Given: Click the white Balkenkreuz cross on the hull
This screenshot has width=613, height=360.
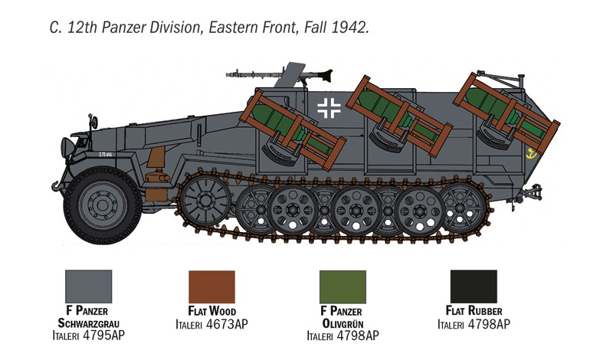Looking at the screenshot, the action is tap(329, 108).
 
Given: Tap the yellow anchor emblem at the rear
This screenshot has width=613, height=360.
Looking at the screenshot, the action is tap(531, 154).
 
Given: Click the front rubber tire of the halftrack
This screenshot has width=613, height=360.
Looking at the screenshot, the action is tap(103, 205).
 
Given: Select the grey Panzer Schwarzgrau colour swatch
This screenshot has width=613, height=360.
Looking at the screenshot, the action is tap(89, 286).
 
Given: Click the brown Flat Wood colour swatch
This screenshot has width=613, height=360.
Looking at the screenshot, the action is tap(212, 286).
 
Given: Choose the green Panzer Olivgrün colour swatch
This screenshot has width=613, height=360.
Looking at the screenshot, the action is tap(343, 286).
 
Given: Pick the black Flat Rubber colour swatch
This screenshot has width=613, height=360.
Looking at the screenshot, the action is tap(474, 286).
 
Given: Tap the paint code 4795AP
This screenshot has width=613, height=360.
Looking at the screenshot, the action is tap(103, 335).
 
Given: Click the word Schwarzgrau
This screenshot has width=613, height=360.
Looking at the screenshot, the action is tap(89, 323).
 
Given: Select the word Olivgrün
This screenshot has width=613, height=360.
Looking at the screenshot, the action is tap(343, 324).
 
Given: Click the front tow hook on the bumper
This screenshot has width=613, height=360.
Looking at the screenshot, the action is tap(57, 185).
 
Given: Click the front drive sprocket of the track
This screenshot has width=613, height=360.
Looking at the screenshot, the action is tap(205, 200).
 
